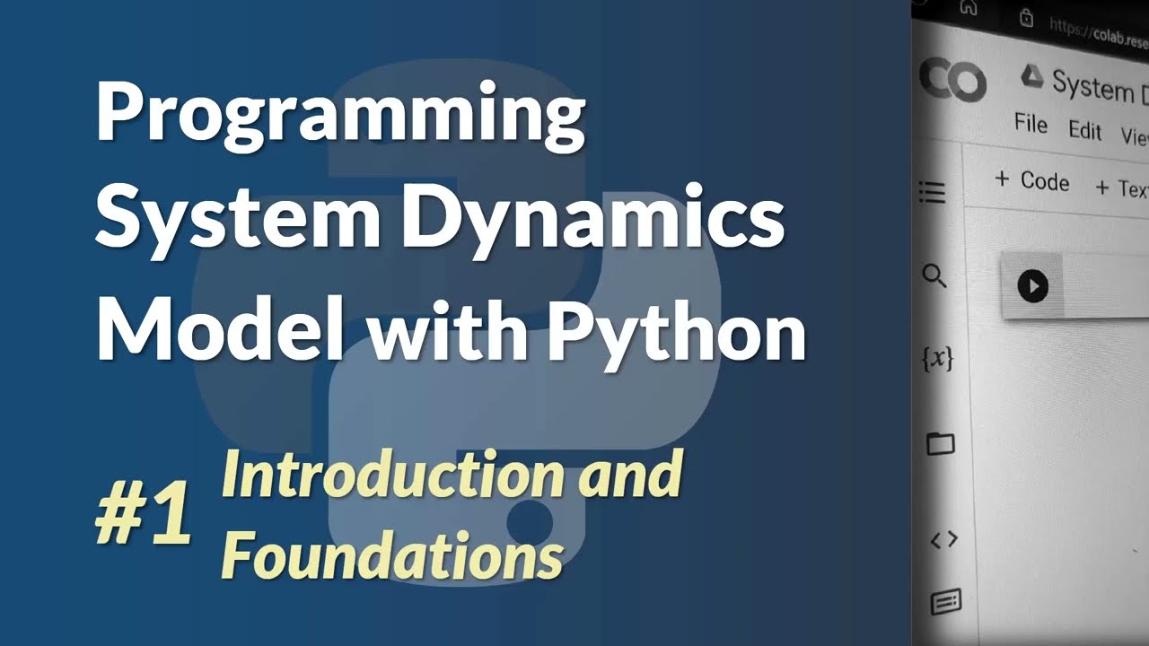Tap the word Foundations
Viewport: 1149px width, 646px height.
point(392,556)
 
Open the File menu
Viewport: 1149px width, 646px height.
point(1031,124)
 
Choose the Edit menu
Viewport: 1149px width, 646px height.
point(1084,131)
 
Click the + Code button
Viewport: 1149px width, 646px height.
point(1032,180)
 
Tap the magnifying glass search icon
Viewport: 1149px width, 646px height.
point(934,276)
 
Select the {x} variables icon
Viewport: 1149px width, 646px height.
point(938,359)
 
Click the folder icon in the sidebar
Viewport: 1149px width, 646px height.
point(940,443)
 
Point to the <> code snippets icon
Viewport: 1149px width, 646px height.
point(943,539)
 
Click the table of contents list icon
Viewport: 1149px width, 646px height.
point(933,192)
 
